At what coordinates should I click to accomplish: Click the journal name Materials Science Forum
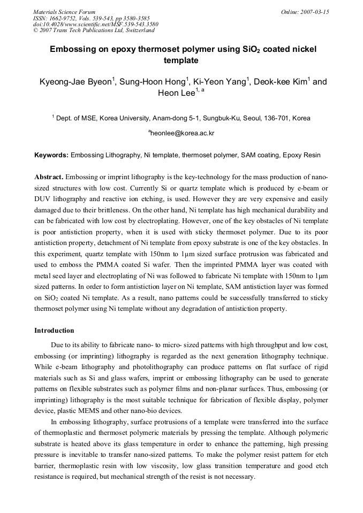(x=64, y=11)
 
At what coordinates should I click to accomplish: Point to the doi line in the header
(x=96, y=24)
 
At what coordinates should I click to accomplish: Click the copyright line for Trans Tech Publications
(x=94, y=30)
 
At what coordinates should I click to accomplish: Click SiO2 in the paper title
(x=247, y=50)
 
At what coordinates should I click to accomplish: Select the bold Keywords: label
(x=51, y=156)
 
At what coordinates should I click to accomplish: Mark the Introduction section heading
(x=54, y=331)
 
